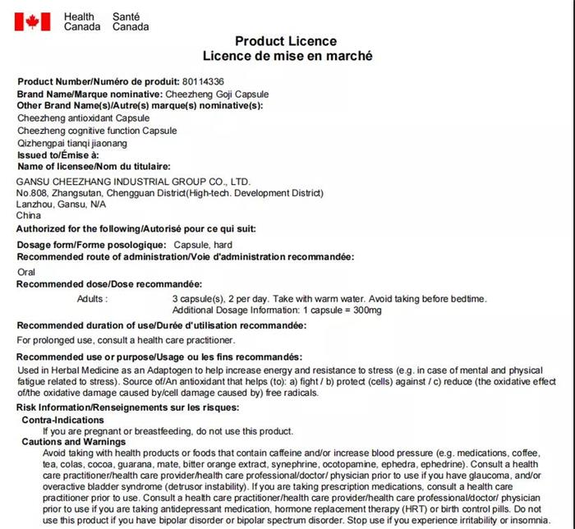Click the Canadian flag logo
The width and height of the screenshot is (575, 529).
[x=32, y=21]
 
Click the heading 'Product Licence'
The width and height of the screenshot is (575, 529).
[x=286, y=41]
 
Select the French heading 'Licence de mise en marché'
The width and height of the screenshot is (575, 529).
[x=287, y=56]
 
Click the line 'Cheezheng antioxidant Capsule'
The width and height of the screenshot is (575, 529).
[x=83, y=118]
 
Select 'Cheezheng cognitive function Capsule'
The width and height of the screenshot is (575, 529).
[x=97, y=131]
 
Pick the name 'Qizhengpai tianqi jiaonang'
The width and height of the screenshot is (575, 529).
[x=72, y=143]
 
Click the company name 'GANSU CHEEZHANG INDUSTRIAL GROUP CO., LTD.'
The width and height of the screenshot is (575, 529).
[x=133, y=182]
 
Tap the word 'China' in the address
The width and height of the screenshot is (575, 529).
[x=29, y=215]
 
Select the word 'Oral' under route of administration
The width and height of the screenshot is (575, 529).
[x=26, y=271]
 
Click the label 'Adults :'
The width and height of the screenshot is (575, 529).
[x=92, y=298]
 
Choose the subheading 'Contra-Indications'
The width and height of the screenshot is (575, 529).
[x=62, y=420]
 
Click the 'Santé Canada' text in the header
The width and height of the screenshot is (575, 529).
[x=131, y=21]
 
